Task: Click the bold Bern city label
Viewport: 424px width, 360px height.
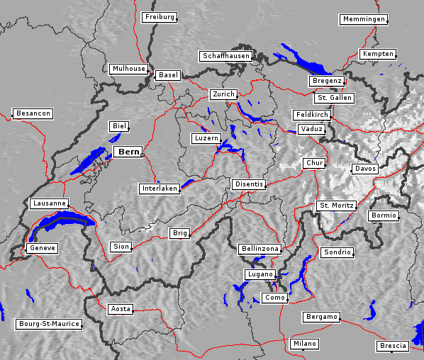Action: [128, 152]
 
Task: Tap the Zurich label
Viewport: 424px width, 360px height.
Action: [223, 94]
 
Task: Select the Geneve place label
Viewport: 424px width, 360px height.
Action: [42, 248]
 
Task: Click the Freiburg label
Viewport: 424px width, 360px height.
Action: [159, 17]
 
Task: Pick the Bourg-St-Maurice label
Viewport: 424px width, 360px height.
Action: [48, 324]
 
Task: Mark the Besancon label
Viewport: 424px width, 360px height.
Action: [33, 113]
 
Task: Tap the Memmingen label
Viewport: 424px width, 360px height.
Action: [363, 19]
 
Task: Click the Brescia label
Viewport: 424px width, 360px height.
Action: [393, 346]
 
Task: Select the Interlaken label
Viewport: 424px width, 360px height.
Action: [159, 189]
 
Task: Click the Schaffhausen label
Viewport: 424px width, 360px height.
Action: [225, 55]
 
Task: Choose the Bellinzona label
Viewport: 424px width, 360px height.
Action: [260, 249]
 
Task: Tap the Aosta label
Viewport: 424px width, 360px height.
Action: [121, 309]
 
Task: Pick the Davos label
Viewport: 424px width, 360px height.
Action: [365, 169]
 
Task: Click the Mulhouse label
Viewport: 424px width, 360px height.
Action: [128, 69]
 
